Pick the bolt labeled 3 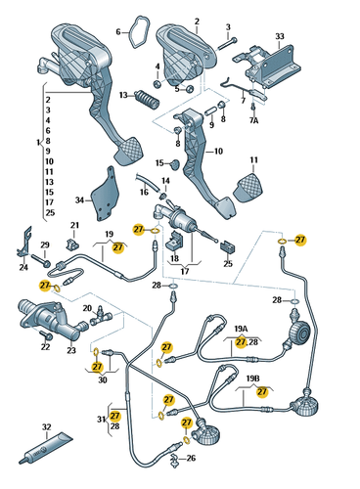(224, 43)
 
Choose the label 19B (253, 378)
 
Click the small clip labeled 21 (72, 243)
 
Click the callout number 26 (191, 458)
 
